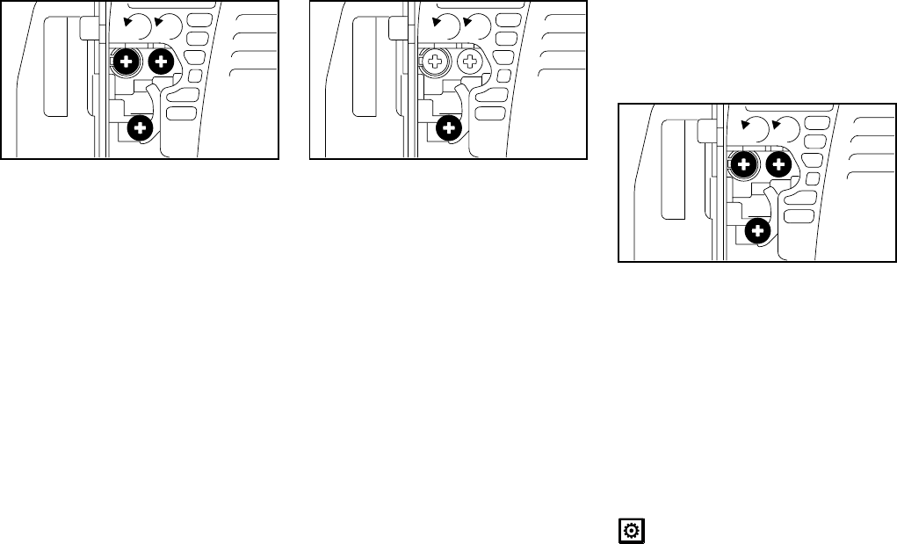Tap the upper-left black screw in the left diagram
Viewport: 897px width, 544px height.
[x=127, y=62]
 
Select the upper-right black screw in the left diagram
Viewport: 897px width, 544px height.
[x=161, y=62]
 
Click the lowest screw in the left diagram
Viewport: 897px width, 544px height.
[x=140, y=128]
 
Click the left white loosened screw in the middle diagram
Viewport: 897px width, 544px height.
[x=436, y=62]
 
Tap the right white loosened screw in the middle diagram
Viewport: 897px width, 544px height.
[x=470, y=62]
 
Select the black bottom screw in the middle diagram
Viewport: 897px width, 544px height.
[x=449, y=128]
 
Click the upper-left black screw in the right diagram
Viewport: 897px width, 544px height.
[x=744, y=164]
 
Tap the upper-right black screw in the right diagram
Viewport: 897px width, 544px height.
[x=778, y=164]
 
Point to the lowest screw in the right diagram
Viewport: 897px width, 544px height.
[x=756, y=231]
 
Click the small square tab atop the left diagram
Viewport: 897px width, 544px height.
[x=88, y=27]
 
